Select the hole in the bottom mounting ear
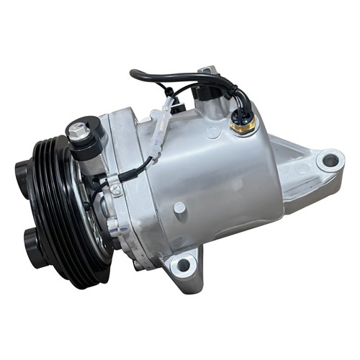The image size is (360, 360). coord(184,265)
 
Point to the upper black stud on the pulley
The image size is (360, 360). coord(22,172)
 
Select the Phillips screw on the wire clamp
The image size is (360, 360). coord(115,189)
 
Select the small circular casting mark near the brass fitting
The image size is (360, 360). coord(213,132)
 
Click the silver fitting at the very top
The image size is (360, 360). coord(208,71)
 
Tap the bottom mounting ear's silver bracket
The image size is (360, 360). coord(186,270)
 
